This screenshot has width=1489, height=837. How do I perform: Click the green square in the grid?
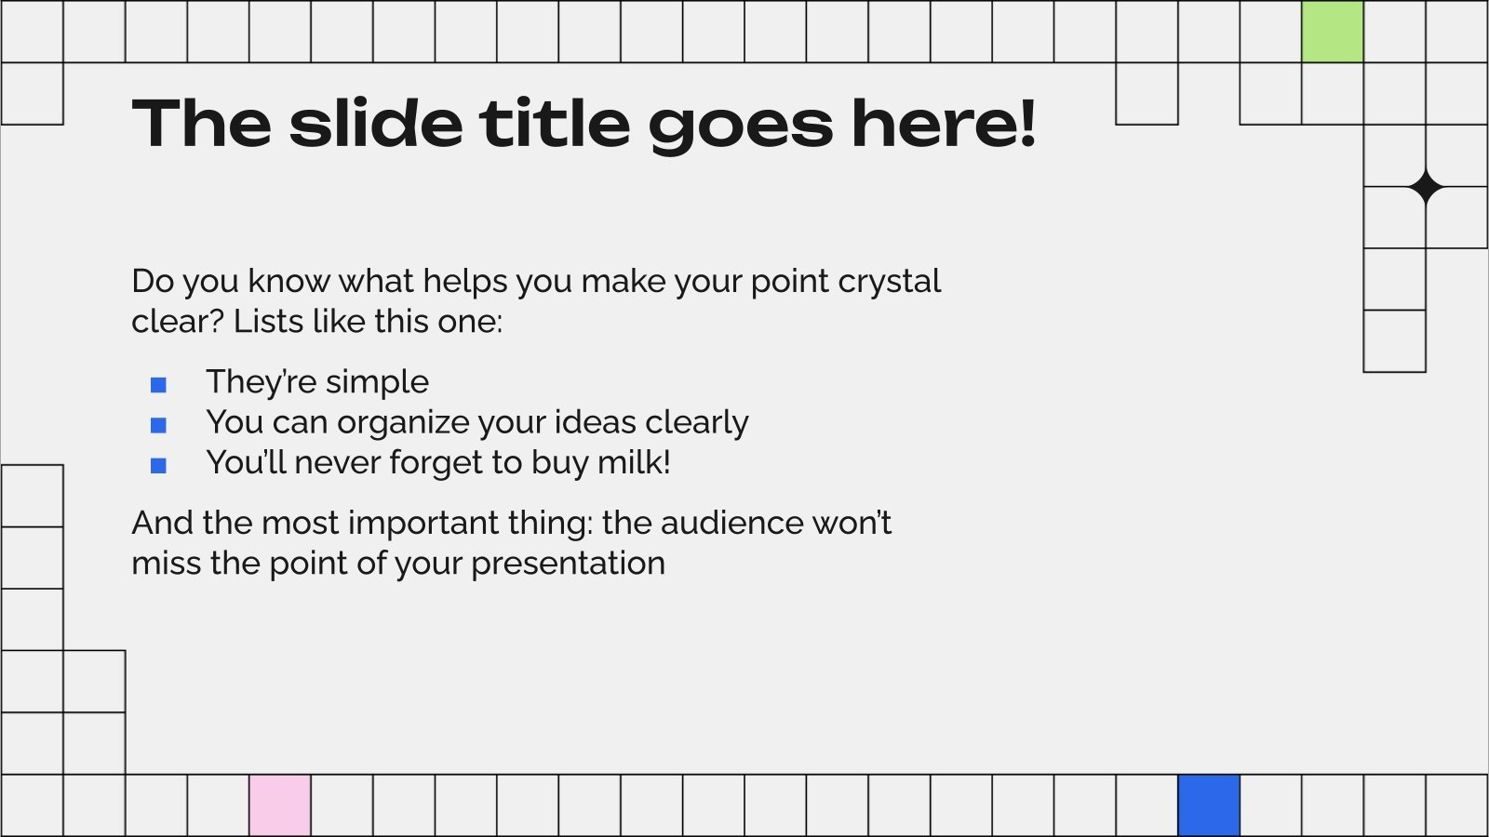pos(1332,32)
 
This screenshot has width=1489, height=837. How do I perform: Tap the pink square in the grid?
pos(279,805)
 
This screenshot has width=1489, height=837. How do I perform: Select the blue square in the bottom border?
pos(1208,805)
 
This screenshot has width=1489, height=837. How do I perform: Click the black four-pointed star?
pos(1425,187)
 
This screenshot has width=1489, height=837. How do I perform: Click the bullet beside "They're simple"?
pos(158,384)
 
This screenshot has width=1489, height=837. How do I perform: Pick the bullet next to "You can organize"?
pos(158,425)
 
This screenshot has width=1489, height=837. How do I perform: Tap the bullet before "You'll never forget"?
pos(158,465)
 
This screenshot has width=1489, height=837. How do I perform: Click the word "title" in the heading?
pos(555,124)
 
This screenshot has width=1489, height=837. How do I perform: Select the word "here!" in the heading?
pos(943,124)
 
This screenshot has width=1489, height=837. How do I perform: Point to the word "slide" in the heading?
pos(376,124)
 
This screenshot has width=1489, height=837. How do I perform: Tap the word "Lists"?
pos(268,322)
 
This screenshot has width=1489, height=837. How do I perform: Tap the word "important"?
pos(423,523)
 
